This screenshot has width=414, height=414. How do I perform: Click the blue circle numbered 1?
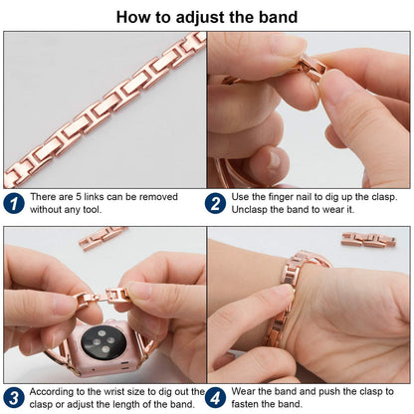tap(14, 203)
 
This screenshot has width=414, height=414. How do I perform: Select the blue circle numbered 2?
tap(215, 203)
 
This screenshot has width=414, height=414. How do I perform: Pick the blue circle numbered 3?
tap(14, 398)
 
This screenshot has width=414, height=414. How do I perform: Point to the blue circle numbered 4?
tap(215, 398)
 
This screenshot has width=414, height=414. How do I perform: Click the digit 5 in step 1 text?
tap(79, 197)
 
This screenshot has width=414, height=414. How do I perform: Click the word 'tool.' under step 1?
tap(93, 210)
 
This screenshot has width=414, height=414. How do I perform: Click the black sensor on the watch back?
tap(103, 342)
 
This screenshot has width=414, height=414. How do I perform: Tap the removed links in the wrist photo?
tap(368, 239)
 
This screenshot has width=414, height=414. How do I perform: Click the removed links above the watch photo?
tap(102, 237)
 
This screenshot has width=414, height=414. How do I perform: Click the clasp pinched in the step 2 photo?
tap(310, 68)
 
